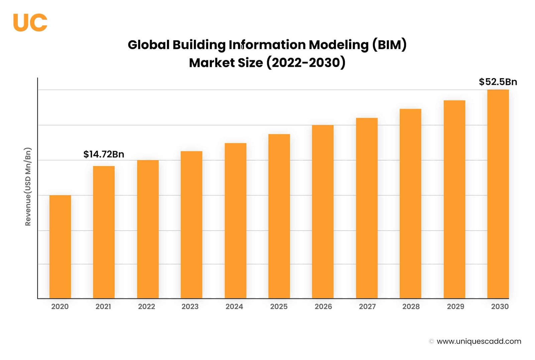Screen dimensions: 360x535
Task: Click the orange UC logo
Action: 30,22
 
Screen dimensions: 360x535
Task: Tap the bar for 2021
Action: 104,232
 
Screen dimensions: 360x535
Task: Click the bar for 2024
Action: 235,221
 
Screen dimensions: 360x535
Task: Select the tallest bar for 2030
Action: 498,194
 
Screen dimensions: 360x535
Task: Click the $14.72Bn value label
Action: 104,154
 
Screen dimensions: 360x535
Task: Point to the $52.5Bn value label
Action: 498,82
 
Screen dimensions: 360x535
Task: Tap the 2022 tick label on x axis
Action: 146,306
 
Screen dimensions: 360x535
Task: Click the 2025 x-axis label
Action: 279,306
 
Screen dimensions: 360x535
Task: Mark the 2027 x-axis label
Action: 367,306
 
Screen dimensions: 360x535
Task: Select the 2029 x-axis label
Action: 455,306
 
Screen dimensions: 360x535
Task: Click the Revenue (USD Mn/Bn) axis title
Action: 28,186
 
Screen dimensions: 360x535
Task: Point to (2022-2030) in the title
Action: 306,63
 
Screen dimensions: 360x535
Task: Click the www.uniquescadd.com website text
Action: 479,341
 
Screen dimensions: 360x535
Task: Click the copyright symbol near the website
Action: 431,341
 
